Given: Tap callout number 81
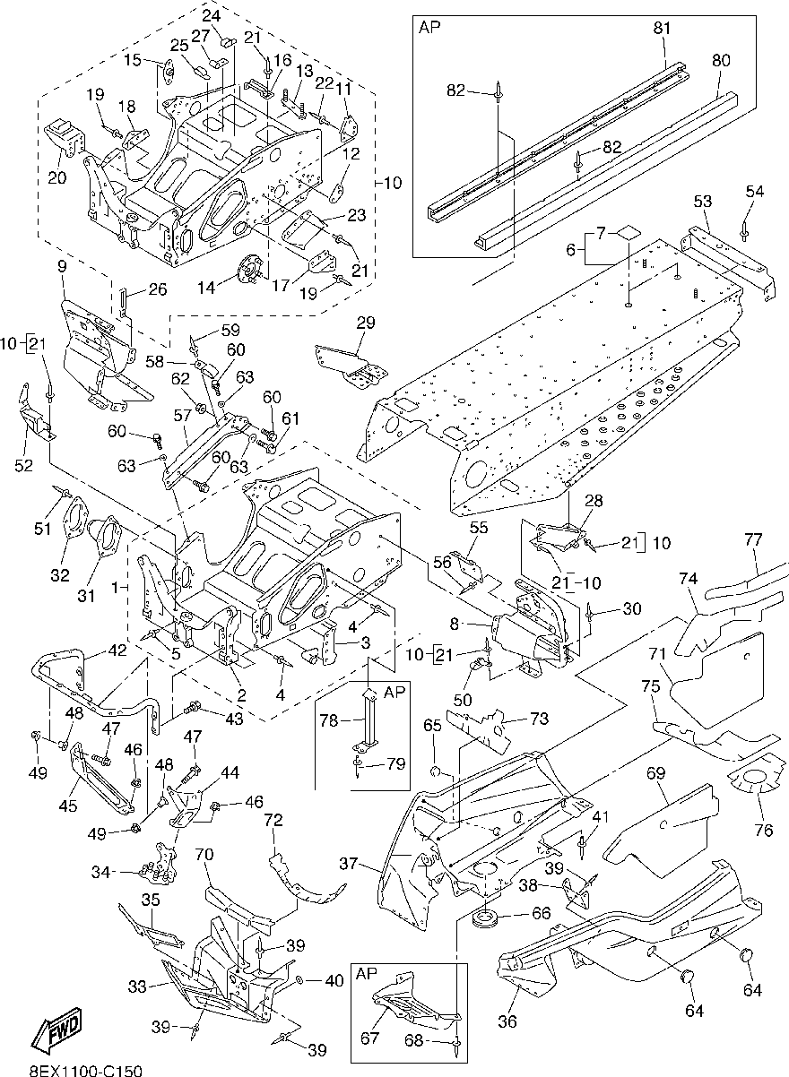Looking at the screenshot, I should (662, 29).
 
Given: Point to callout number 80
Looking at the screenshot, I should (721, 61).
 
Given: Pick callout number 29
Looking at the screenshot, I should (365, 323).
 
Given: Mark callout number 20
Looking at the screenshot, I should (56, 177).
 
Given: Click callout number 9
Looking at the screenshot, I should (62, 267).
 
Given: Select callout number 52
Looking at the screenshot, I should (24, 465).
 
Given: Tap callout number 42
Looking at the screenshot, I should (117, 651).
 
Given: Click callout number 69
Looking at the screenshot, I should (655, 771).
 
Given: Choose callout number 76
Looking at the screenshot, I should (764, 830).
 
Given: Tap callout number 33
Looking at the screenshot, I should (136, 987).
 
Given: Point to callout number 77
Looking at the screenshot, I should (752, 539).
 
